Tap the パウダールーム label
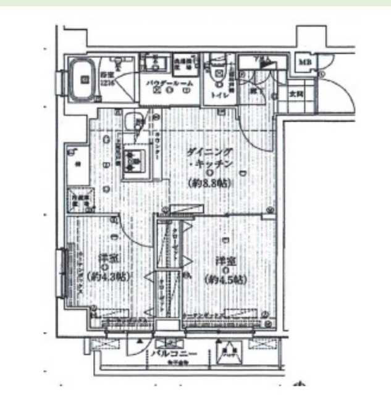pyautogui.click(x=170, y=82)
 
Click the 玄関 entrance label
pyautogui.click(x=296, y=94)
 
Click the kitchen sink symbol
pyautogui.click(x=132, y=160)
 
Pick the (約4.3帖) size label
pyautogui.click(x=107, y=276)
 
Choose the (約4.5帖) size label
pyautogui.click(x=225, y=280)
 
